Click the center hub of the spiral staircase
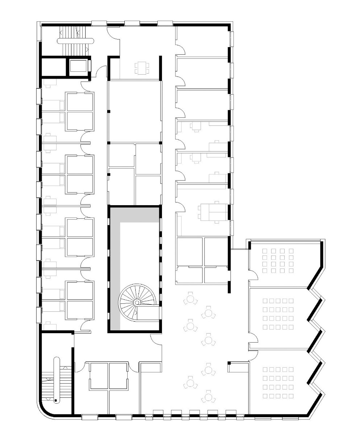tap(137, 302)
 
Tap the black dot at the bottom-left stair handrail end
tap(56, 401)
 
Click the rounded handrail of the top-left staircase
tap(75, 41)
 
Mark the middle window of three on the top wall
tap(132, 24)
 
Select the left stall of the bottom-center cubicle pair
tap(99, 376)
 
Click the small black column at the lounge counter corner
tap(229, 363)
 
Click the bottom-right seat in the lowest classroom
tap(291, 395)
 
